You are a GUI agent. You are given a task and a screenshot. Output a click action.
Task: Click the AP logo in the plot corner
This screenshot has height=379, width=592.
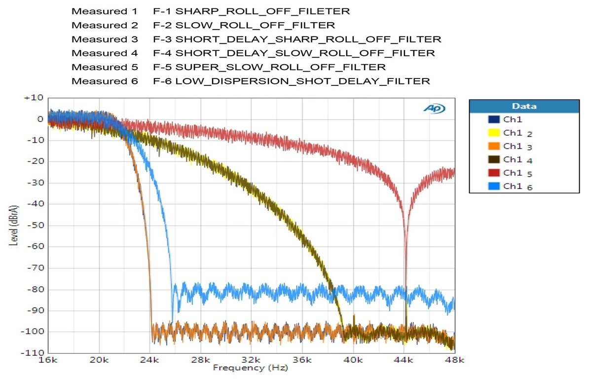click(435, 109)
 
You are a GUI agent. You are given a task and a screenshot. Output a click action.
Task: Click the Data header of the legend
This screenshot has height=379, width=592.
click(524, 106)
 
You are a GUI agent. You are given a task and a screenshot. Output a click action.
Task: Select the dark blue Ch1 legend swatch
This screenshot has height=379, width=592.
click(493, 119)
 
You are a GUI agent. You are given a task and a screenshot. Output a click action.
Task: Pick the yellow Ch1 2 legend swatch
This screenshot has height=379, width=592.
click(493, 133)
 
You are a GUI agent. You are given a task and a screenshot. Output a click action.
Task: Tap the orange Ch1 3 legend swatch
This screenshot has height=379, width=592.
click(493, 146)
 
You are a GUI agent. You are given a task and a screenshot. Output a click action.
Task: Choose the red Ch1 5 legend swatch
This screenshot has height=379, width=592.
click(493, 173)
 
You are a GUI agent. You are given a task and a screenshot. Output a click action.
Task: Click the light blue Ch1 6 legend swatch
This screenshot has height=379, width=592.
click(493, 186)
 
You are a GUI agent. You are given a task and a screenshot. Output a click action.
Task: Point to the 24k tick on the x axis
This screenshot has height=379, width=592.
click(150, 361)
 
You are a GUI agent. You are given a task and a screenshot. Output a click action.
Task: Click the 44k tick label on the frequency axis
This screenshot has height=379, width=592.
click(404, 361)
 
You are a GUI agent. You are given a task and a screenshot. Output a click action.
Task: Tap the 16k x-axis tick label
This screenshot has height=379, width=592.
click(48, 361)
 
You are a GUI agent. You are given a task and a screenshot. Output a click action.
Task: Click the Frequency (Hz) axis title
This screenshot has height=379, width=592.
click(250, 368)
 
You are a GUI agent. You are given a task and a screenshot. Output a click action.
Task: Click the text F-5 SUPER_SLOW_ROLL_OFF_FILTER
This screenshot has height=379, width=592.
click(269, 67)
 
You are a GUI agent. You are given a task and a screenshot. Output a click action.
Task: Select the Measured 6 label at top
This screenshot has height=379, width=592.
click(105, 81)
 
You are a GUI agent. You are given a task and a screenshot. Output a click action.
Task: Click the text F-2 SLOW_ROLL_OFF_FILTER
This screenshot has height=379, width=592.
click(244, 25)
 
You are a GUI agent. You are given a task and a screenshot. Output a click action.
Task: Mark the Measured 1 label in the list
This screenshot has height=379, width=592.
click(105, 11)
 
